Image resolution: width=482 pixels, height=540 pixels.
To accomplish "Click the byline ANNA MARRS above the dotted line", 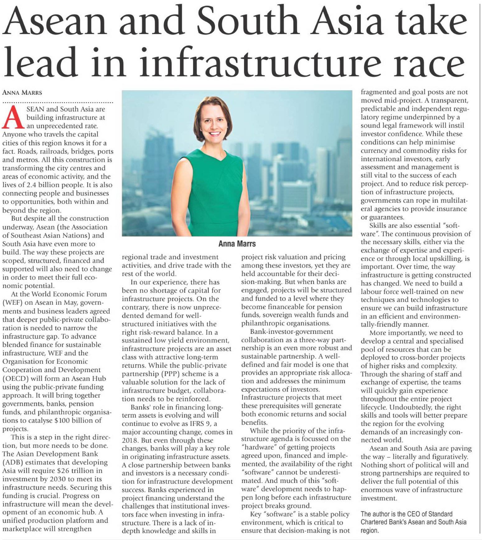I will [22, 93].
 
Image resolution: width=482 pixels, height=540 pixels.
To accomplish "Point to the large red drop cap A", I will [13, 117].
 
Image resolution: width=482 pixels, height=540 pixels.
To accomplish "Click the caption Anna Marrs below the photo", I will [237, 244].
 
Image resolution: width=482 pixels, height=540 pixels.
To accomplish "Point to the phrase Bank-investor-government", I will [291, 331].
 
